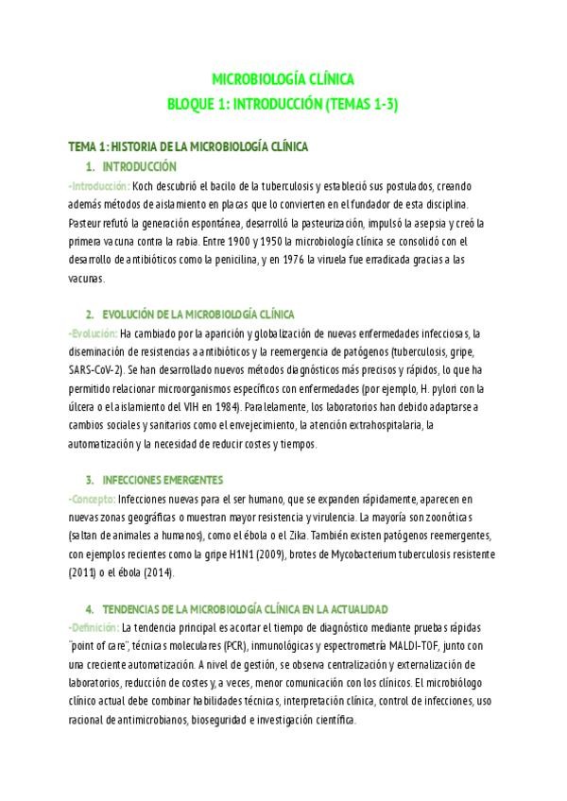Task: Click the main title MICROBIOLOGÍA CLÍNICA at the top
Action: pyautogui.click(x=283, y=81)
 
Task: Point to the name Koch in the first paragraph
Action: pyautogui.click(x=143, y=186)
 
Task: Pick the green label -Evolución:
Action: pyautogui.click(x=93, y=332)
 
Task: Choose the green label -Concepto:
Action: pyautogui.click(x=93, y=498)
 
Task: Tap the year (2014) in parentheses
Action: pyautogui.click(x=172, y=571)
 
